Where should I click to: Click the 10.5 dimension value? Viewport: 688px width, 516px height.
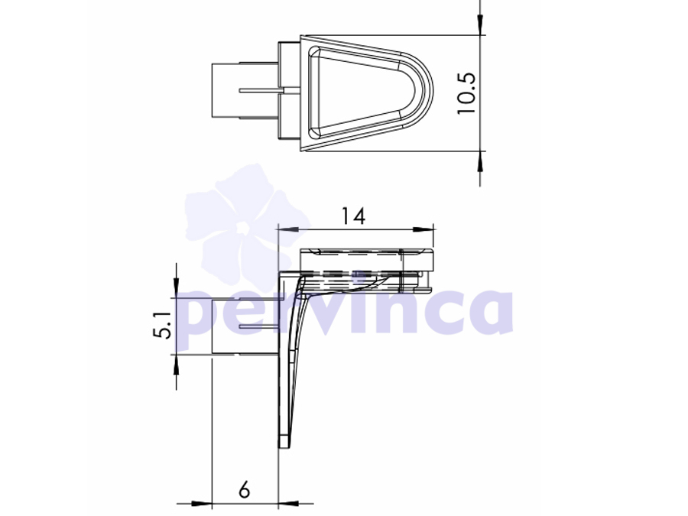coord(466,93)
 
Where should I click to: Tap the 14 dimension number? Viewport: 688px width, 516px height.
coord(353,216)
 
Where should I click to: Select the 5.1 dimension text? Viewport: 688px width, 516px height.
coord(163,326)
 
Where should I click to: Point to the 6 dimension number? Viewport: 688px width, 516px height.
coord(245,489)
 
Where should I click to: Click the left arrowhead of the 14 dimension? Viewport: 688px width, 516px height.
coord(288,229)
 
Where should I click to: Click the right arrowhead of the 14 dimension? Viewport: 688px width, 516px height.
coord(424,229)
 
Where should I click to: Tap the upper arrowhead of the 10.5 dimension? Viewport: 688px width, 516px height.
coord(481,24)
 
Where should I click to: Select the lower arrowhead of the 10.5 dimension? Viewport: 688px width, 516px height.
coord(481,161)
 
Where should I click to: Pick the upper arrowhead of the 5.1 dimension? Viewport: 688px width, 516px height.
coord(176,288)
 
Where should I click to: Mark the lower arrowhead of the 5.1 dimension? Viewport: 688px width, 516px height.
coord(176,364)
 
